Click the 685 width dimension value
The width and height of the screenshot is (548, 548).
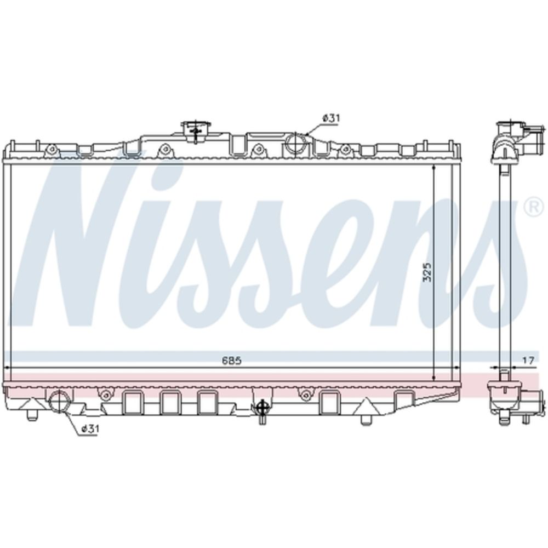coord(232,361)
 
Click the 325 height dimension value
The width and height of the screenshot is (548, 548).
coord(427,272)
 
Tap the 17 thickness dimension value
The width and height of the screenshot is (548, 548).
coord(529,361)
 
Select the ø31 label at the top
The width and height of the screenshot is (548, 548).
coord(330,118)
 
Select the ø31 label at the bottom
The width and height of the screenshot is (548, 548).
coord(89,429)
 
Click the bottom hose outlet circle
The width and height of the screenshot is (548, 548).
coord(60,402)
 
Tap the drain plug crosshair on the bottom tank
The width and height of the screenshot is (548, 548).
coord(261,407)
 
